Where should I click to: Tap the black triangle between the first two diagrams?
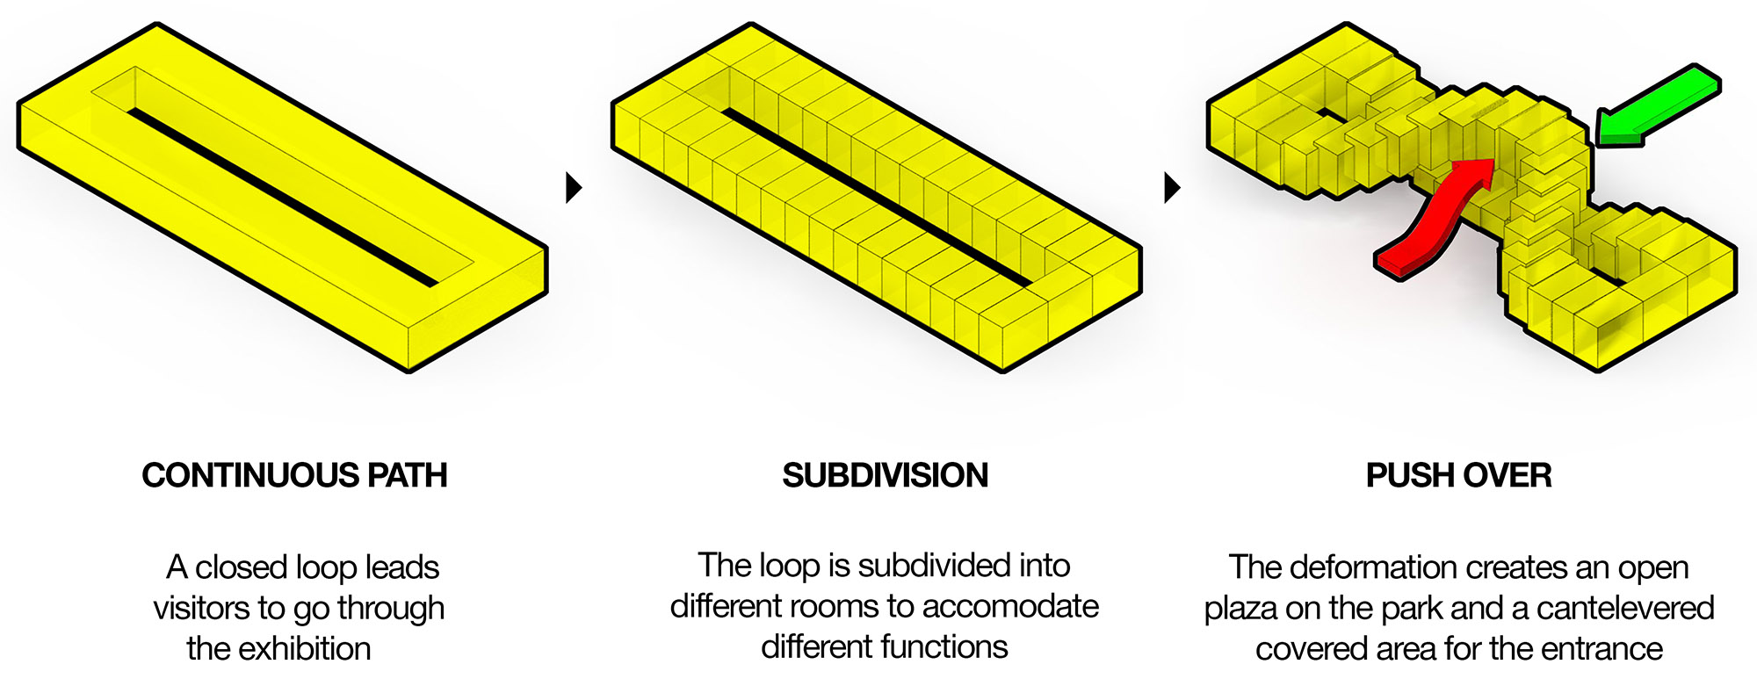click(x=574, y=187)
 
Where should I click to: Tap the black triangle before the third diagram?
click(x=1172, y=187)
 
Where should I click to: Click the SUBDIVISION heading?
click(x=886, y=475)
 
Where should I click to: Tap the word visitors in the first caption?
click(x=201, y=608)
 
